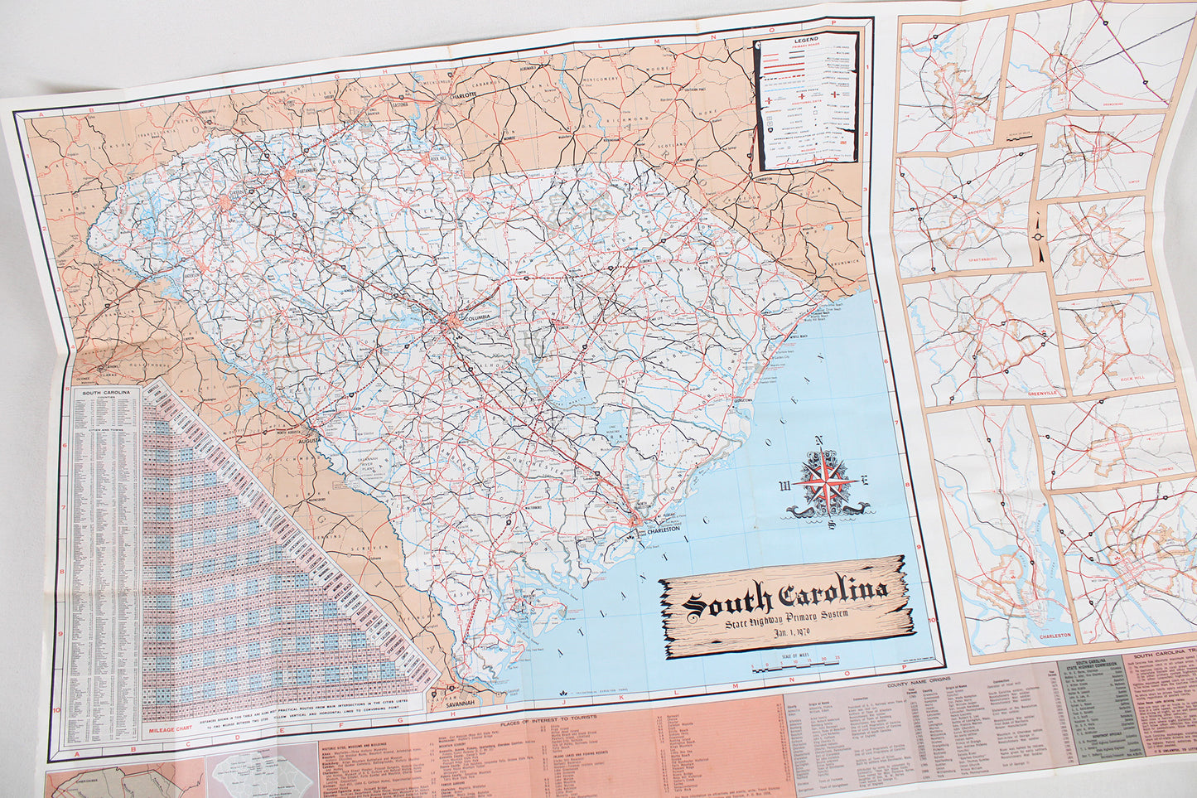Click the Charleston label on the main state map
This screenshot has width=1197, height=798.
(662, 530)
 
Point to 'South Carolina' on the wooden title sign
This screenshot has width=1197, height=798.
(786, 595)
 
